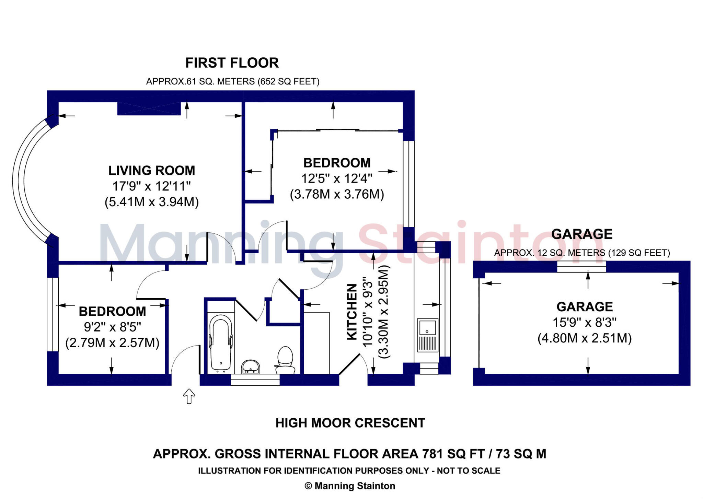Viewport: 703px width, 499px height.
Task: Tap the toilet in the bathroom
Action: [x=285, y=360]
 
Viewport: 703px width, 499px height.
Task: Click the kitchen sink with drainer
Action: [x=427, y=335]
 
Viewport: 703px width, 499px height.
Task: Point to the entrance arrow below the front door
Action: [x=189, y=396]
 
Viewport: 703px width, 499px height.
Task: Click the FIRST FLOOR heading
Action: [x=232, y=63]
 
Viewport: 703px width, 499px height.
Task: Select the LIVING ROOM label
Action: [x=152, y=171]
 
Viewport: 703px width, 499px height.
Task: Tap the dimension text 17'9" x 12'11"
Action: [x=152, y=186]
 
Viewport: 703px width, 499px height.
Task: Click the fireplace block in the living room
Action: [x=149, y=108]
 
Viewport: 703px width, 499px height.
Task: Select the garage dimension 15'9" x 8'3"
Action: [x=584, y=323]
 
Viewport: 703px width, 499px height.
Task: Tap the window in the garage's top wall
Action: [x=581, y=267]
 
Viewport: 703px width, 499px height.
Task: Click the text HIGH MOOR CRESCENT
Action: [x=350, y=423]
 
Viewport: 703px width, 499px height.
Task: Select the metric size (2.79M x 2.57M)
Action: [x=112, y=343]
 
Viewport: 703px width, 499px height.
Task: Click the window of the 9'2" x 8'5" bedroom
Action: [x=53, y=314]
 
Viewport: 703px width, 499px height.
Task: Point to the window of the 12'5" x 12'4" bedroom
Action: [x=408, y=184]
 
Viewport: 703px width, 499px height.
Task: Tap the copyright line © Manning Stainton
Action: [x=350, y=486]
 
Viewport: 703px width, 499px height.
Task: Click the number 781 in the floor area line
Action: [x=433, y=454]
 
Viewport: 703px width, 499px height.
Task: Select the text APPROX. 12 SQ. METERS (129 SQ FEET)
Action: [x=582, y=253]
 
